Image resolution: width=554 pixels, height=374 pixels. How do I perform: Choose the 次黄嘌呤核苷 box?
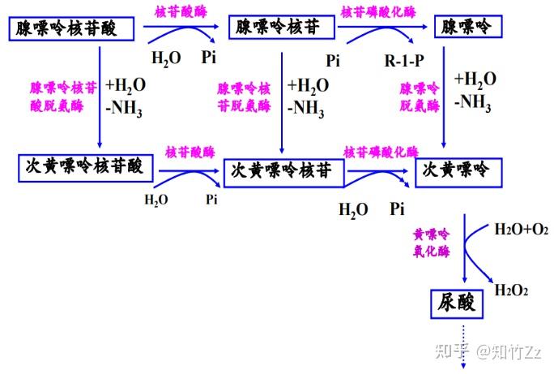283,171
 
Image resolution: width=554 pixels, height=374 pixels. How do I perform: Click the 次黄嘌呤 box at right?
458,170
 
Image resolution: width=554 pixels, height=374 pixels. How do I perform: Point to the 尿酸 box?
456,303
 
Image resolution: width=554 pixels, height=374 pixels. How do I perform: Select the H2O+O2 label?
521,230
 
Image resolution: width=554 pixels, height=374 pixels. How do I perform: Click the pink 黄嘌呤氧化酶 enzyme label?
432,243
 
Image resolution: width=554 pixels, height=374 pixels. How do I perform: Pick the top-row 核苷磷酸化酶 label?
378,12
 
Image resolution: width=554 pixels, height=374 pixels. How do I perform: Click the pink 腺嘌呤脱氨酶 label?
421,95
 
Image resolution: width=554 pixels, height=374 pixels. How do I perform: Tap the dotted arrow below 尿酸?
464,344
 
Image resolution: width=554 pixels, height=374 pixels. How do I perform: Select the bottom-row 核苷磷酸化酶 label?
381,152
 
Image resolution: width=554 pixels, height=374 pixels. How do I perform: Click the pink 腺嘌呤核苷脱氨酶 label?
245,95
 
